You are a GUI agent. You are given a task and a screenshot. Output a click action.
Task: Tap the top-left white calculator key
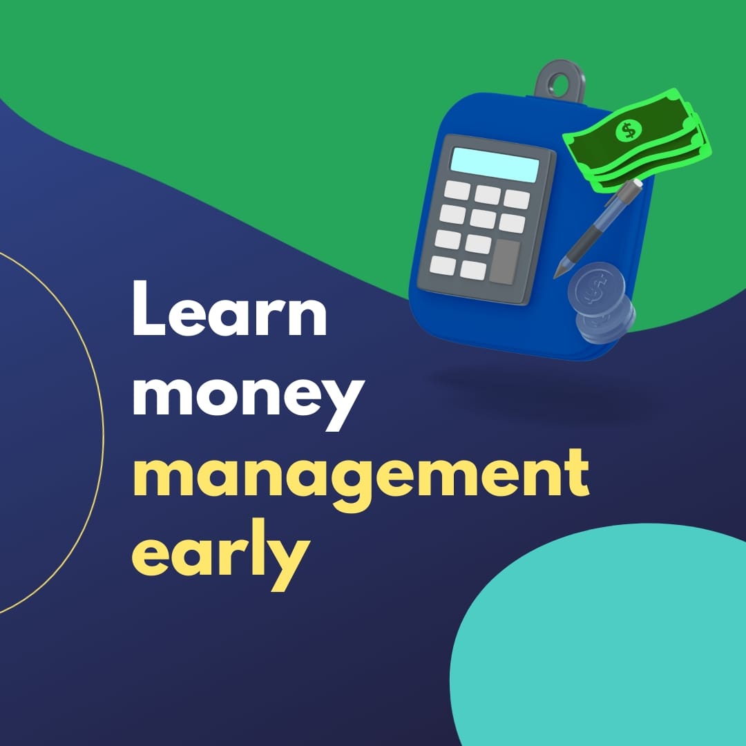coord(457,191)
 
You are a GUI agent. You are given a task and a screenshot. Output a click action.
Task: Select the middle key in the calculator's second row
coord(483,219)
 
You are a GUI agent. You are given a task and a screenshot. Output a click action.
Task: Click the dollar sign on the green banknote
coord(628,130)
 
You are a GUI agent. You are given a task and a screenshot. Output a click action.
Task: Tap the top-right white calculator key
coord(516,200)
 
